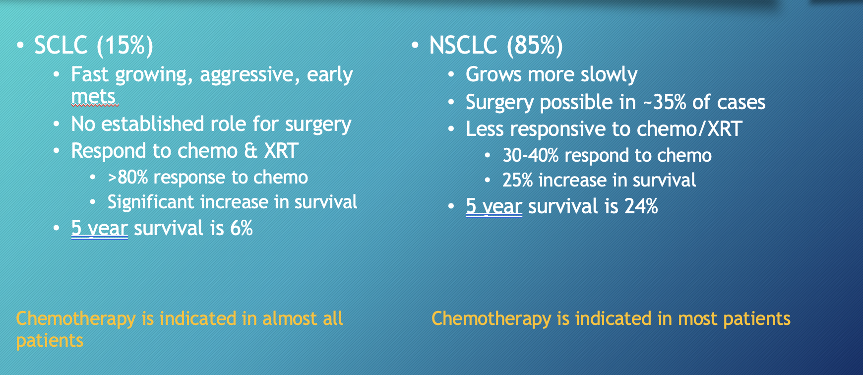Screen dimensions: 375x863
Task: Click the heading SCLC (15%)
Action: click(x=93, y=46)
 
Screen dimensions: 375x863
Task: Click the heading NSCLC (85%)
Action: click(x=495, y=46)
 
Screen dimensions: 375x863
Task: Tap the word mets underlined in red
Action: click(x=93, y=97)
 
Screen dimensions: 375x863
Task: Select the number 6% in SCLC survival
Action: click(x=242, y=229)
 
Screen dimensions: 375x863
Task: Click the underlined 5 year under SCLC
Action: click(x=99, y=229)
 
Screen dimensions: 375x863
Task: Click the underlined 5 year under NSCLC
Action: click(x=493, y=206)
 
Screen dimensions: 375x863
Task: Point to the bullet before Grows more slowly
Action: click(x=451, y=75)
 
